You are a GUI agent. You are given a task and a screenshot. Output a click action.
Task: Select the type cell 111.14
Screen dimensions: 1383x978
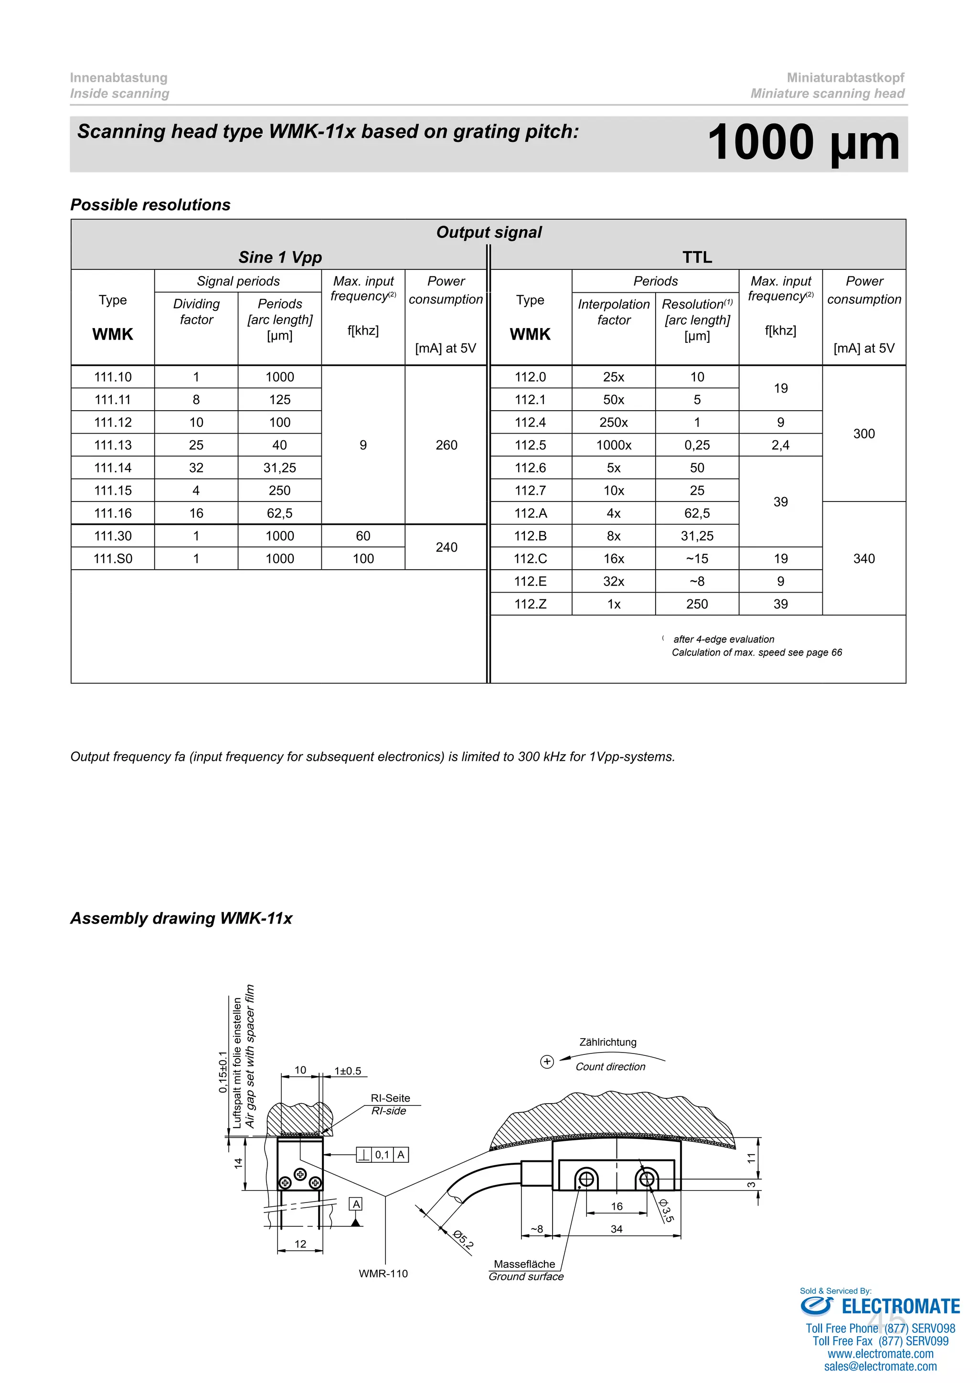(x=113, y=468)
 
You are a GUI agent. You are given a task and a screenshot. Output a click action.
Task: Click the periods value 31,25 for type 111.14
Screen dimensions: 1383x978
(x=279, y=468)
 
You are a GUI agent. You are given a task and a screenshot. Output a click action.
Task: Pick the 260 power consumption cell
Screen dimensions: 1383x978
(x=446, y=445)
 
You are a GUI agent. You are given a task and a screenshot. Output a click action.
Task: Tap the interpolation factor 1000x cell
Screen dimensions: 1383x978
(x=614, y=445)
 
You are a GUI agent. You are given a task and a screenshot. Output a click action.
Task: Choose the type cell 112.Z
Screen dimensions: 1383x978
(x=530, y=604)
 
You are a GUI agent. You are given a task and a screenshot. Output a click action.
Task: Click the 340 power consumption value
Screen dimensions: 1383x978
(x=863, y=558)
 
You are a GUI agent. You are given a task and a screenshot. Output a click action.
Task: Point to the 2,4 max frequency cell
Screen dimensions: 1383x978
(x=780, y=445)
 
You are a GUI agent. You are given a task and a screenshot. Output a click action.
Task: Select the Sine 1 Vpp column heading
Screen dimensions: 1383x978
(x=280, y=257)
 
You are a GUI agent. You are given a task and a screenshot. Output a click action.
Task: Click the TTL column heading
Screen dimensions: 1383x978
(x=697, y=257)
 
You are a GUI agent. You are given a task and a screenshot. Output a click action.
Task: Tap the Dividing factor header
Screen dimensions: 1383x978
(x=196, y=311)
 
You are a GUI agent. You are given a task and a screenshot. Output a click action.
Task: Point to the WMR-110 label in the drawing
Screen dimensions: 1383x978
(x=383, y=1273)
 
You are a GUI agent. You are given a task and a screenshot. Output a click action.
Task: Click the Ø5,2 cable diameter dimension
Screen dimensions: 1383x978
(x=463, y=1240)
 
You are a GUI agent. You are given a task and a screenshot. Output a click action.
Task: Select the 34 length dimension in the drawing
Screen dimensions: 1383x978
(x=616, y=1229)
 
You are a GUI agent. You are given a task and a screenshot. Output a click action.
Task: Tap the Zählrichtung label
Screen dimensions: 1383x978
(x=607, y=1042)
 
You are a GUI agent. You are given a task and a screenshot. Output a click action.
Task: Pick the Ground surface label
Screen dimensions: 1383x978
(x=526, y=1277)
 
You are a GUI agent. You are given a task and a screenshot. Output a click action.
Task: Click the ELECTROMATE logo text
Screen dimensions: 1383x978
(x=900, y=1307)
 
